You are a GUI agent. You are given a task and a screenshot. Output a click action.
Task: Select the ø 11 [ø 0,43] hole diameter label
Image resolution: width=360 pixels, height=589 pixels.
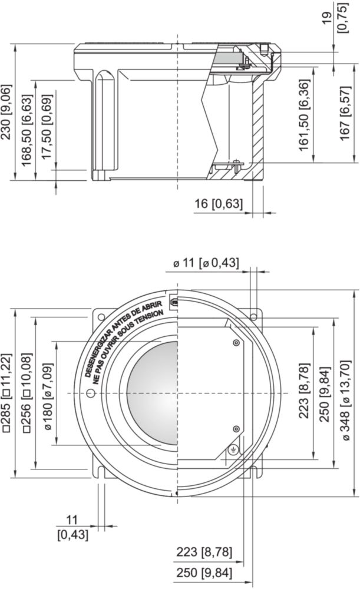(206, 263)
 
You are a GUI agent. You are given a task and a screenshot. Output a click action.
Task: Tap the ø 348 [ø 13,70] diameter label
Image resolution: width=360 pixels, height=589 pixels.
(346, 400)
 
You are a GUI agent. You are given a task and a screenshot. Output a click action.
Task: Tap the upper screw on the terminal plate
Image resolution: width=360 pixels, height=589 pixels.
(236, 343)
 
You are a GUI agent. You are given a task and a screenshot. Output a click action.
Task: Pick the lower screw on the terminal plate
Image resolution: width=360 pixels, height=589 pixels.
(236, 429)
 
